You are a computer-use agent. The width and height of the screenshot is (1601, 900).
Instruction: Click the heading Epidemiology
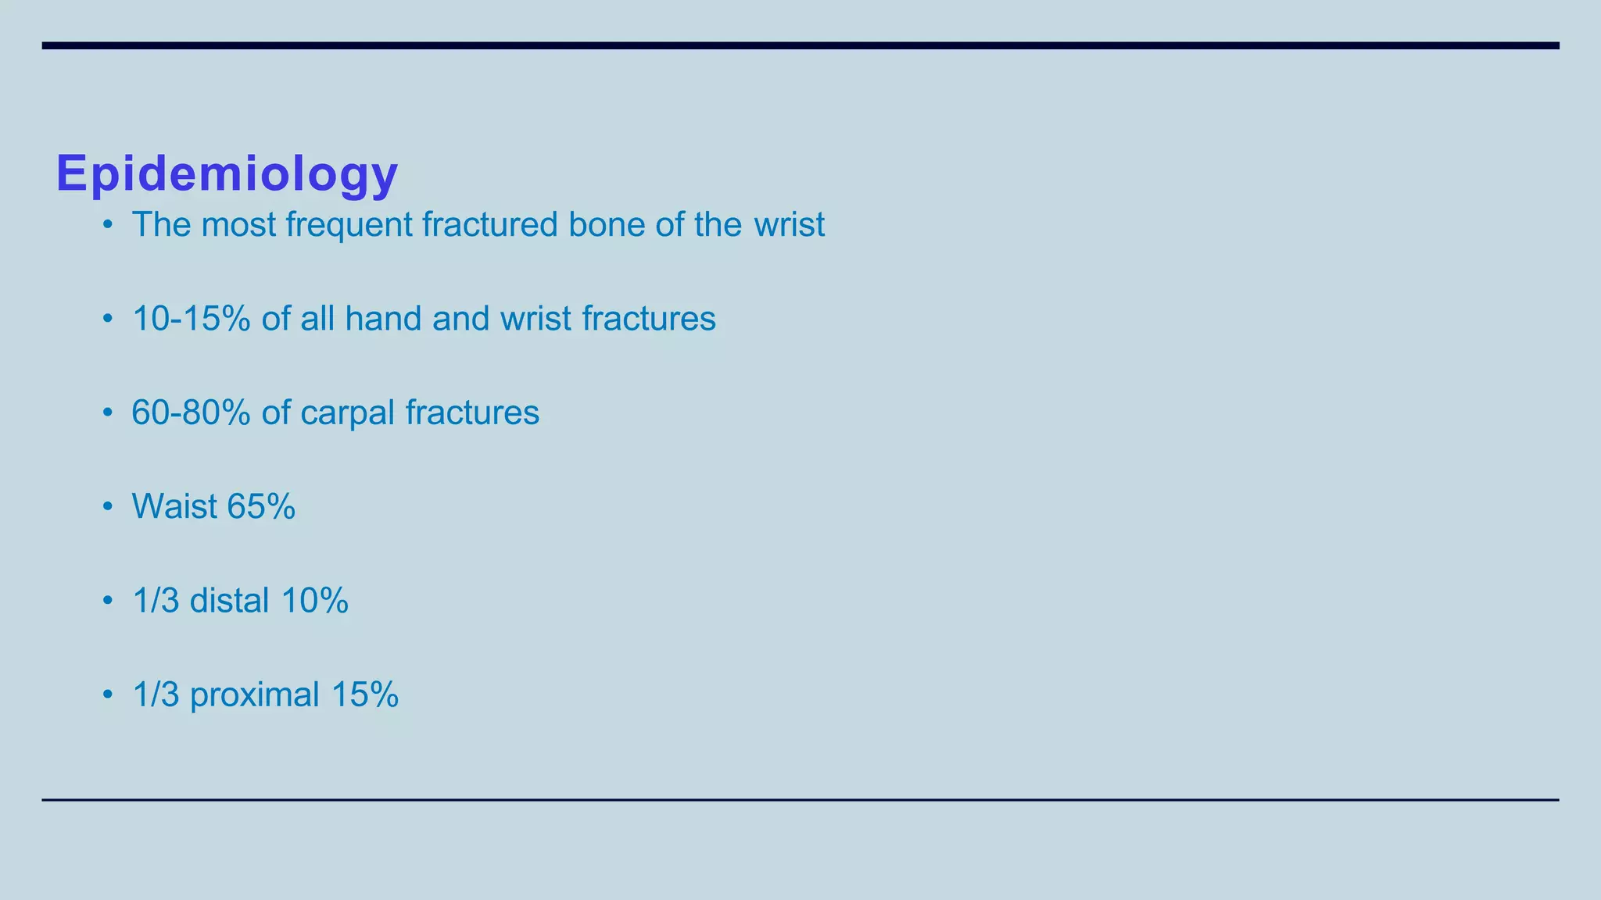[227, 173]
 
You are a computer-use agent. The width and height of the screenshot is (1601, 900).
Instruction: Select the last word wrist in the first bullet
[790, 225]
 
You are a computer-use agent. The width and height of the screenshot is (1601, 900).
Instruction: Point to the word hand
[383, 319]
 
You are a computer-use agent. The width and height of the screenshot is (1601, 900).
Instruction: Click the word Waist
[174, 506]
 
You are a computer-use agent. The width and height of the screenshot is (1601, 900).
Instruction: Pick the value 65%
[261, 506]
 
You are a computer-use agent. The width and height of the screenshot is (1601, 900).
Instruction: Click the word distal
[230, 601]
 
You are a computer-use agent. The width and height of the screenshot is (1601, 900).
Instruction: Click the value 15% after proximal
[365, 695]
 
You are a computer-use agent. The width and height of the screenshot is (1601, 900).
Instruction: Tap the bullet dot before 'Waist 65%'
[108, 507]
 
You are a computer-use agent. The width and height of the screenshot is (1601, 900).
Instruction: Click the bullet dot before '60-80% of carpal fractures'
[108, 413]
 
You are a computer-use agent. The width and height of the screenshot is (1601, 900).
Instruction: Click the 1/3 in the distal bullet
[156, 601]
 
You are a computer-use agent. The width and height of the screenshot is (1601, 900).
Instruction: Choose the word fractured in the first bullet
[490, 225]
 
